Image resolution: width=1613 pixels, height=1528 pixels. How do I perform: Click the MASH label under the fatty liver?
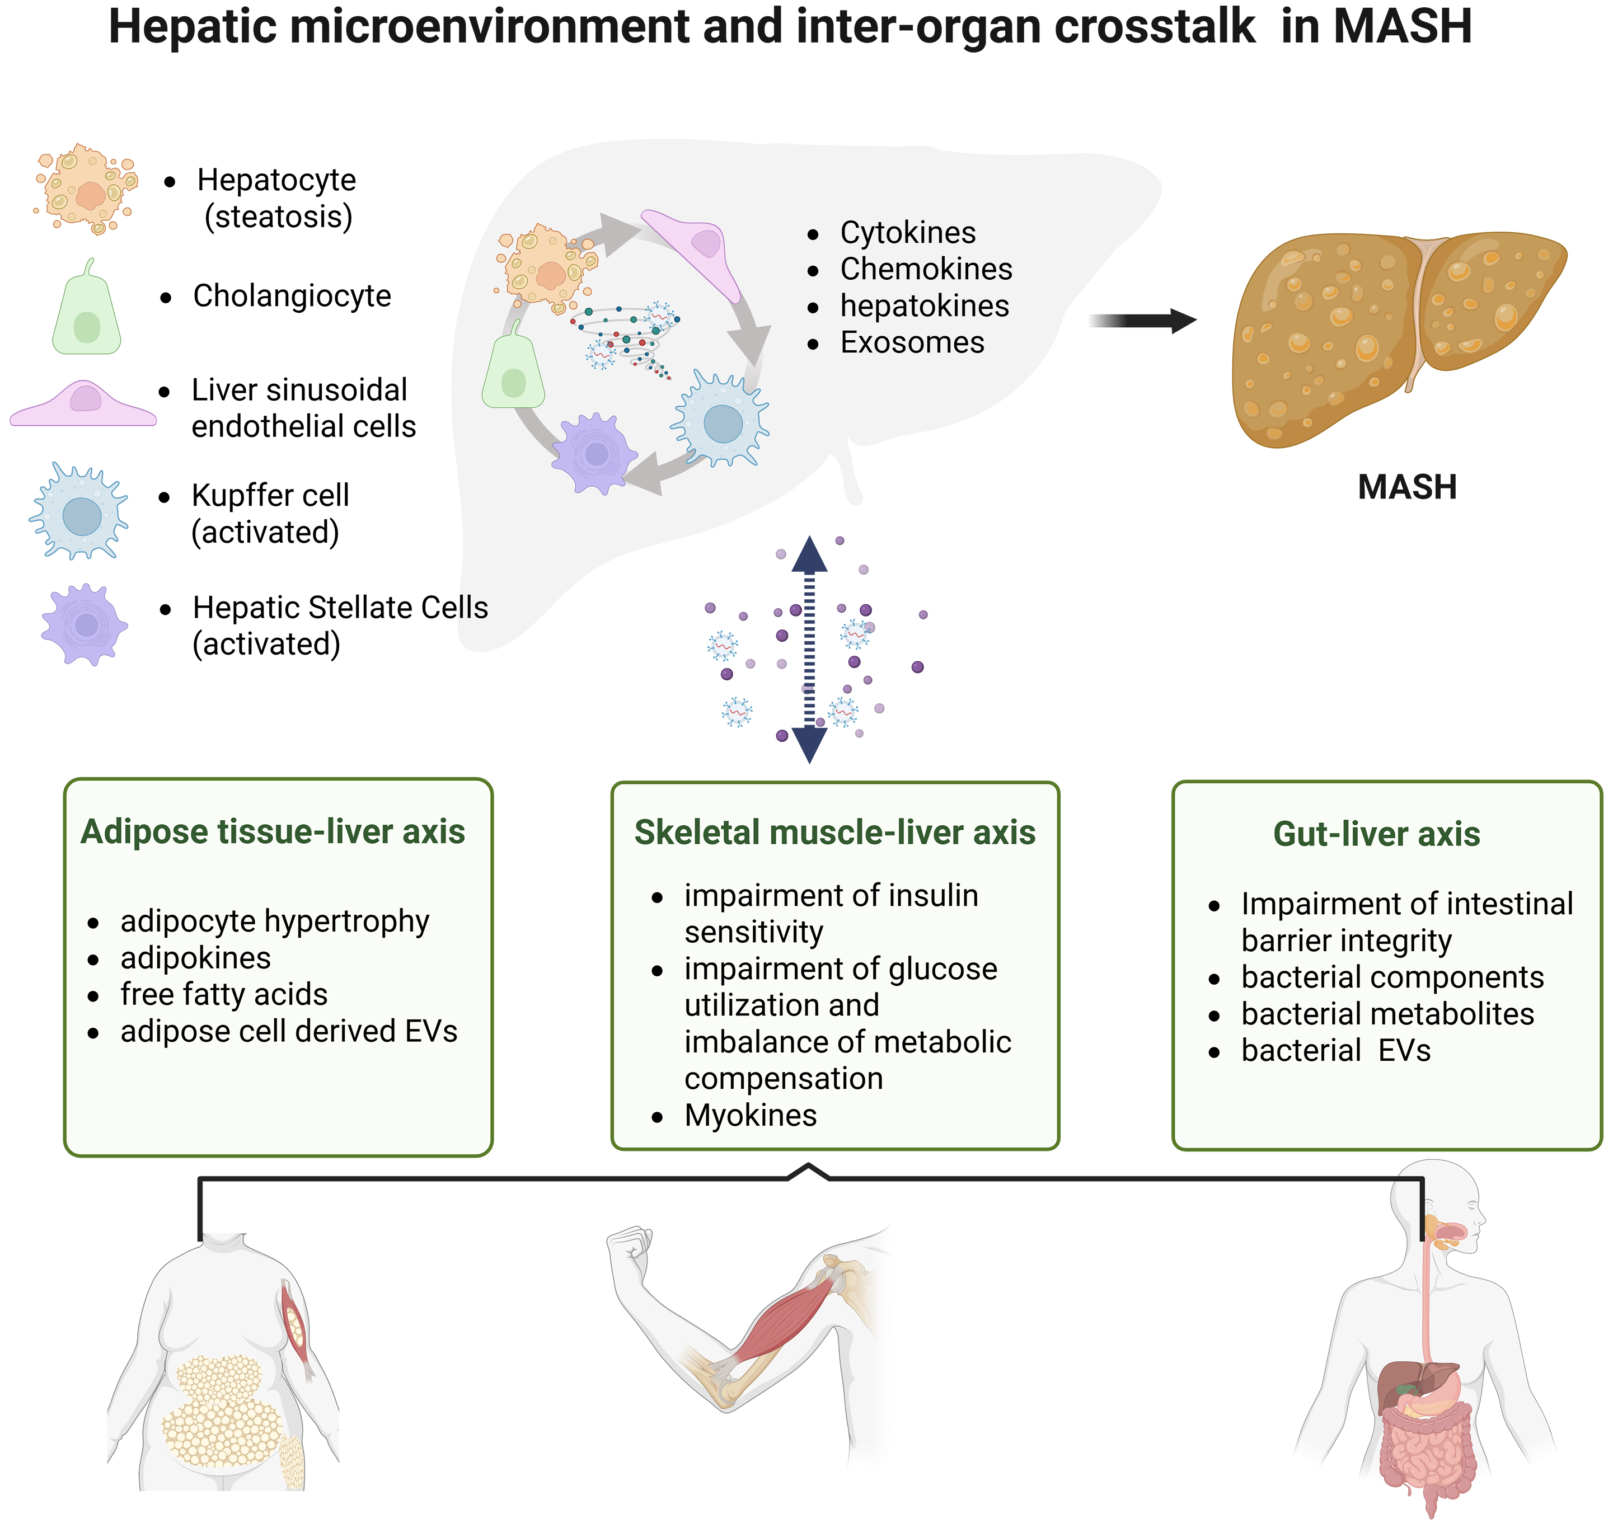[x=1407, y=487]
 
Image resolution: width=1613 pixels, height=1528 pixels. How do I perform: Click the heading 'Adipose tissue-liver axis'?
[x=273, y=831]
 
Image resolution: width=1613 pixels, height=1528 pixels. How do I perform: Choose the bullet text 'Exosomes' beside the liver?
[x=912, y=342]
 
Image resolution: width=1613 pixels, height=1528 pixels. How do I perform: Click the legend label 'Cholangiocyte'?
[x=292, y=295]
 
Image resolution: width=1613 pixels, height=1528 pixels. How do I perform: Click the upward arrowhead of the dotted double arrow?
[x=809, y=556]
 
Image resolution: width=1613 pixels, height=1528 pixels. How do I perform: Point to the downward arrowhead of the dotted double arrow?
[x=809, y=744]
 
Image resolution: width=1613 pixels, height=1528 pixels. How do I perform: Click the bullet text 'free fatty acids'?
[x=223, y=994]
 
